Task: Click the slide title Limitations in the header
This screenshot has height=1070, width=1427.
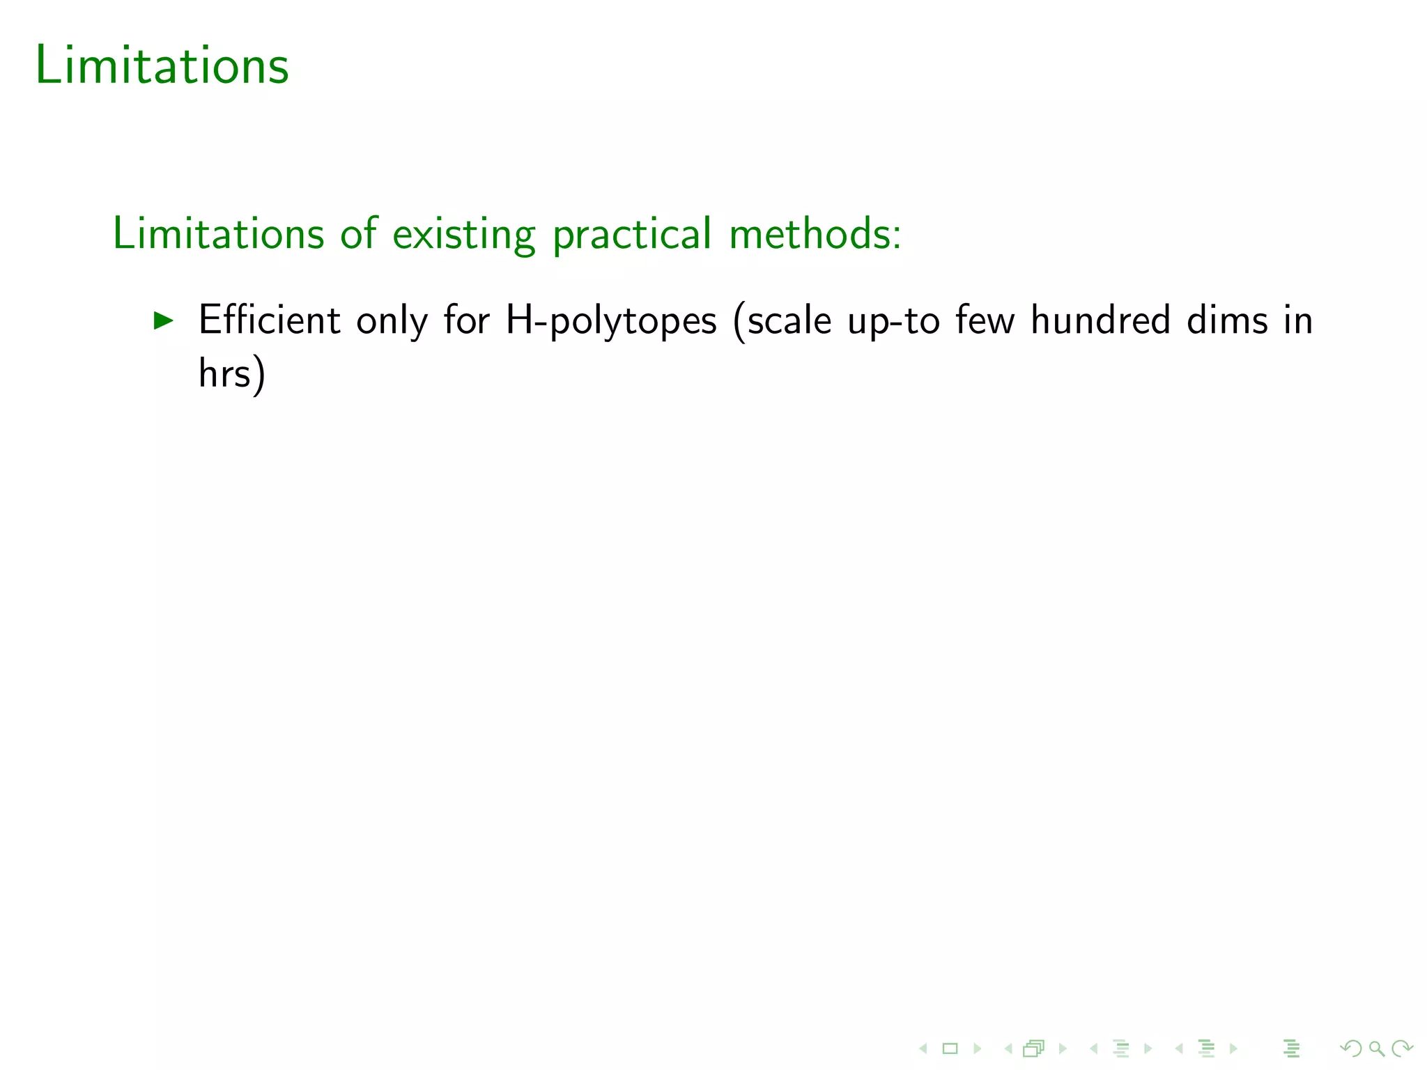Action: [162, 65]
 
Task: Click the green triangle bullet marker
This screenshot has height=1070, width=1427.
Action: [163, 320]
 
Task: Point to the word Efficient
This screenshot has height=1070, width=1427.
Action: [270, 320]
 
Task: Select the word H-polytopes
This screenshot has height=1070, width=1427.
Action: [611, 320]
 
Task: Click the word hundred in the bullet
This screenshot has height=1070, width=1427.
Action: [1100, 320]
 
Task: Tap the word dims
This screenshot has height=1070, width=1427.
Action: [1227, 320]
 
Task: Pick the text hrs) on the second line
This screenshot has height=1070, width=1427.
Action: [232, 373]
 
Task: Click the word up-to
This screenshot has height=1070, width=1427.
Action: [894, 320]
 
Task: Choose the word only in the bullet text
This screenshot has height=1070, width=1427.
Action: [392, 320]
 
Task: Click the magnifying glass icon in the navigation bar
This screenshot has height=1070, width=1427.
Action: [1376, 1048]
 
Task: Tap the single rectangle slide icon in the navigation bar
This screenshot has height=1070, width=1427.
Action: [950, 1048]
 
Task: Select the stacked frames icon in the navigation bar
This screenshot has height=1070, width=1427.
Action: [1034, 1048]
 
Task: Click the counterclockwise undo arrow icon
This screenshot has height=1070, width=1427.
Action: [1351, 1048]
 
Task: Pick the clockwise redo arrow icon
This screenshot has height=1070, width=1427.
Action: [1401, 1048]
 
